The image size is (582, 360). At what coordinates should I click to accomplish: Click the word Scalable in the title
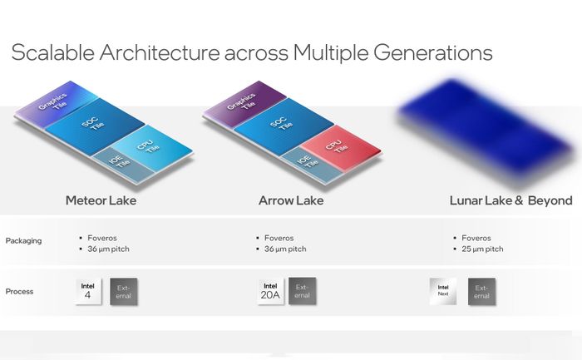(x=52, y=52)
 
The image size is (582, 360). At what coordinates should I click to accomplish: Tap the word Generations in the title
(x=433, y=52)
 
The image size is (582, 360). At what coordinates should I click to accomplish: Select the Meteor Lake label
(x=101, y=200)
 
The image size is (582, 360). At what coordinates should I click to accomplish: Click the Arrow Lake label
(x=291, y=200)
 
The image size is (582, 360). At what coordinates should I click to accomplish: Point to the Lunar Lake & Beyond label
(x=510, y=200)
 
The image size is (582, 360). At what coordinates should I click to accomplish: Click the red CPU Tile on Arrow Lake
(x=340, y=147)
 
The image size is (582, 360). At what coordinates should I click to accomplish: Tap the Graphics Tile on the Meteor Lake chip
(x=56, y=104)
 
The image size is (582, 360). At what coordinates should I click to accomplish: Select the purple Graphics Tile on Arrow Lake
(x=244, y=104)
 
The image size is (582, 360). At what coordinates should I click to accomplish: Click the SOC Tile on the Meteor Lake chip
(x=95, y=126)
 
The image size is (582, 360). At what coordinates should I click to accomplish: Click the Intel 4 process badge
(x=88, y=292)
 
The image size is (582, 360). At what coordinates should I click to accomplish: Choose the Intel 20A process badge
(x=270, y=291)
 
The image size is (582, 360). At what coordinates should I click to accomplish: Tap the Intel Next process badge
(x=443, y=291)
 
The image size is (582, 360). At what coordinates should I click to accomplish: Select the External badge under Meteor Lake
(x=124, y=292)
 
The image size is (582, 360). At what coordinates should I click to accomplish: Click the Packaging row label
(x=23, y=241)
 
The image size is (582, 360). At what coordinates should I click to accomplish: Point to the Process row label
(x=19, y=292)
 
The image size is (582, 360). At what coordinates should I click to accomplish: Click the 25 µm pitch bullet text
(x=482, y=249)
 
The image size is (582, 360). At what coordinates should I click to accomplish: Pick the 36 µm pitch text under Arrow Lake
(x=285, y=249)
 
